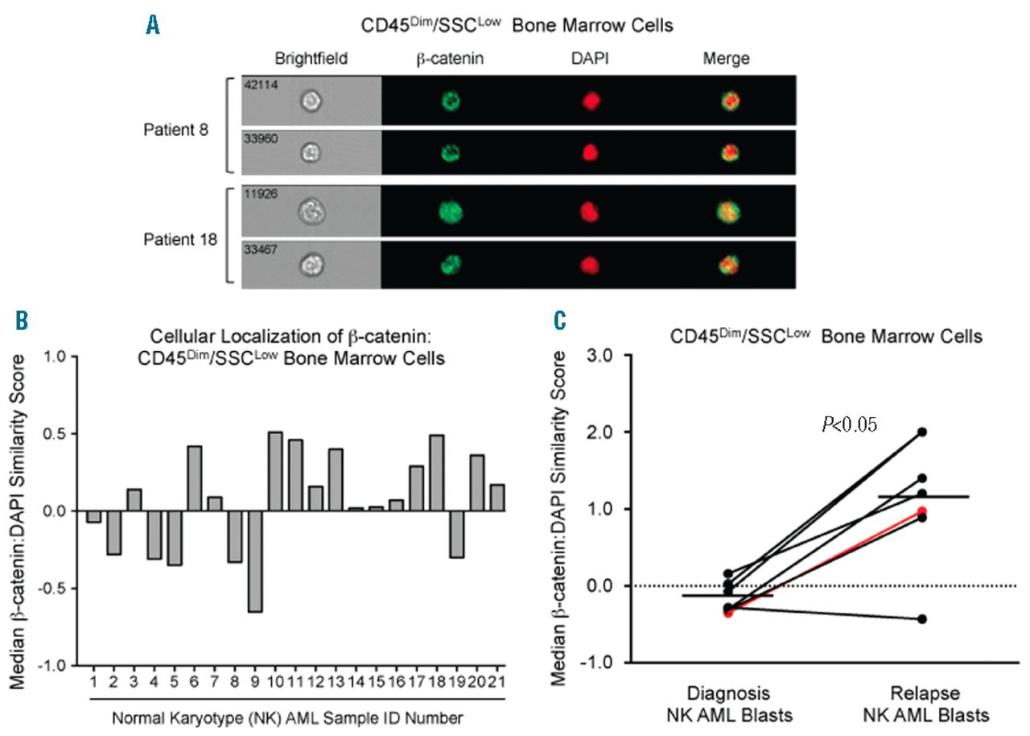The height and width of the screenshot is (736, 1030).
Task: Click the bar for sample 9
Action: [255, 561]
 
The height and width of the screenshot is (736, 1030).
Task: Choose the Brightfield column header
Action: [306, 59]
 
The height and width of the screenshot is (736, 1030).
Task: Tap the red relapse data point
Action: [922, 511]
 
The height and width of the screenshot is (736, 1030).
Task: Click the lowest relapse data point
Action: [922, 619]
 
